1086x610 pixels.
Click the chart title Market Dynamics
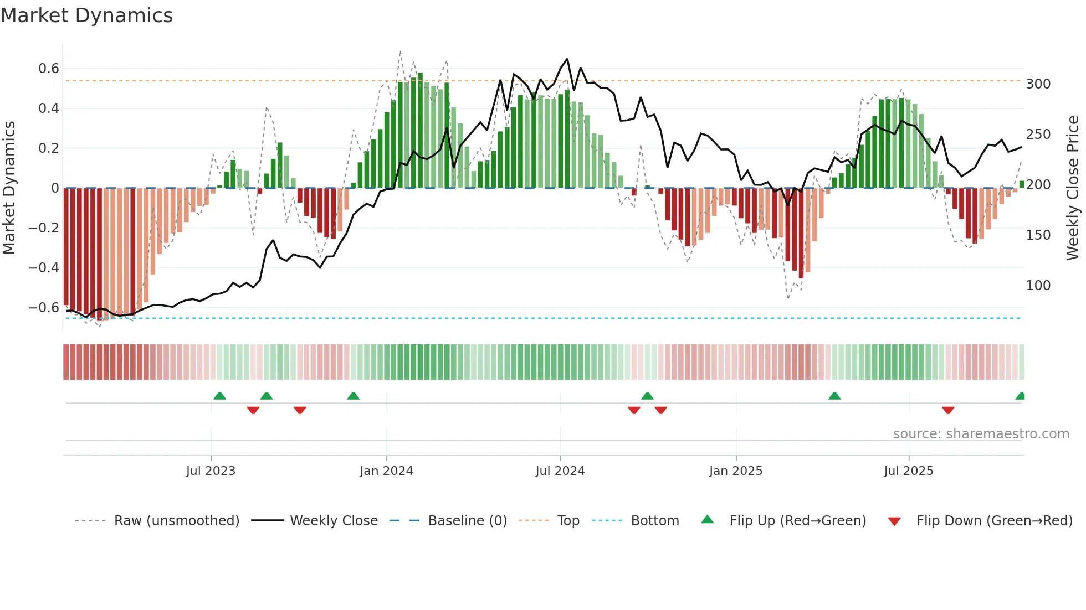(x=86, y=15)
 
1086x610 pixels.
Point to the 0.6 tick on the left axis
(x=48, y=69)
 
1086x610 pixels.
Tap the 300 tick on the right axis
(x=1038, y=84)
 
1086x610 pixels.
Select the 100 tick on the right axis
(x=1038, y=286)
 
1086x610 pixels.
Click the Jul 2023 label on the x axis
(x=211, y=471)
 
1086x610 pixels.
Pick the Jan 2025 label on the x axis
(x=735, y=471)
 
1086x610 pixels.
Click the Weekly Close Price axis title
(x=1073, y=188)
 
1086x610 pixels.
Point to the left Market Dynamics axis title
(x=9, y=188)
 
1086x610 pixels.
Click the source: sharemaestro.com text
(x=981, y=434)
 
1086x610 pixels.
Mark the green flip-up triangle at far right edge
(x=1020, y=396)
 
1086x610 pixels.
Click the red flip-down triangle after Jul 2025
(x=947, y=410)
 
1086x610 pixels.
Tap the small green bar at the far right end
(x=1021, y=184)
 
